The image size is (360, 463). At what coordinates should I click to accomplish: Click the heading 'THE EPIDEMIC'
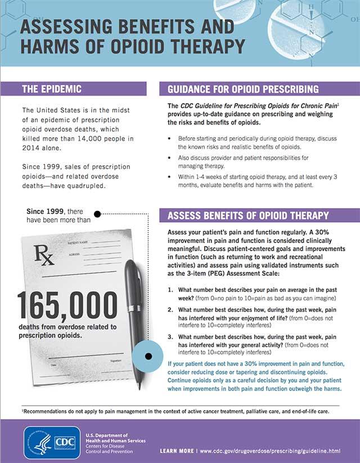point(51,88)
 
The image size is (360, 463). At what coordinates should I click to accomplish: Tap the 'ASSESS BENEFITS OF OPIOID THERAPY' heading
point(248,215)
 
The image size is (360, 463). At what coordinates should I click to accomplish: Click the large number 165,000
point(67,307)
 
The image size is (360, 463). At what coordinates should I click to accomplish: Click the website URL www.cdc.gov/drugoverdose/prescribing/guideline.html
point(278,451)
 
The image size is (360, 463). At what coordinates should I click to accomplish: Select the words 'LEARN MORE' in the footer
point(177,451)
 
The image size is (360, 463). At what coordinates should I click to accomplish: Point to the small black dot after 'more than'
point(97,214)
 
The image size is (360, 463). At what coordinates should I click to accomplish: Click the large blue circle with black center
point(150,356)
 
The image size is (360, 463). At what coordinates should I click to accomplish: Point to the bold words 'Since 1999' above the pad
point(46,211)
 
